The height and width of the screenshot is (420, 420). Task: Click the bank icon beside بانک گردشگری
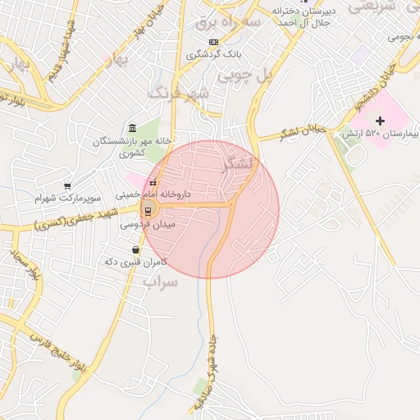[x=213, y=42]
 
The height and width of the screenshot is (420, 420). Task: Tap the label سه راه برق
[x=235, y=23]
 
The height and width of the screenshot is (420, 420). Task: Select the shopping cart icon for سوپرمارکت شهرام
[x=67, y=186]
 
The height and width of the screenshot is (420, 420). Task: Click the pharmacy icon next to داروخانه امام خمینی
[x=153, y=182]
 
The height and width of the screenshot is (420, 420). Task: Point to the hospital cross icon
[x=379, y=121]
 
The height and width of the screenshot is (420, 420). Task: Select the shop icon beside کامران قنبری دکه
[x=135, y=249]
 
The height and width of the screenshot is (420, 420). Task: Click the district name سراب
[x=160, y=281]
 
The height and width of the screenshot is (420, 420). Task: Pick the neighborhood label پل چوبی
[x=243, y=75]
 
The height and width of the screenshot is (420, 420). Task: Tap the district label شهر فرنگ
[x=179, y=94]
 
